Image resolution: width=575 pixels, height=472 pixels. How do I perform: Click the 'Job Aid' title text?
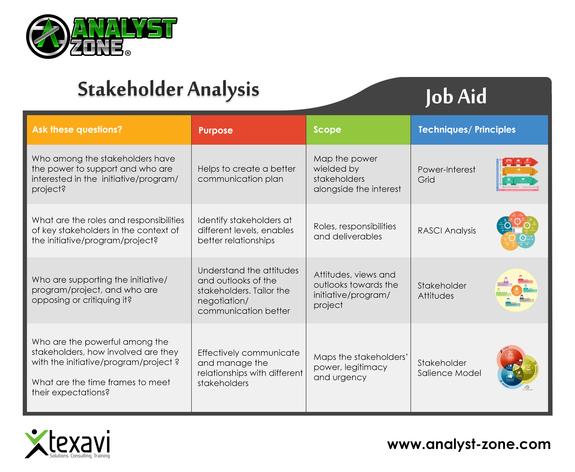(456, 96)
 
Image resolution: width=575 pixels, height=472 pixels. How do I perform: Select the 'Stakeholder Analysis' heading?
(168, 89)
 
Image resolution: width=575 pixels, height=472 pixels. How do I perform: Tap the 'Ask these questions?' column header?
(77, 130)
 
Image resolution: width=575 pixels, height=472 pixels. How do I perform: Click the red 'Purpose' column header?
(216, 130)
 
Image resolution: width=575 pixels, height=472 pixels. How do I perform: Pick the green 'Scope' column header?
(327, 130)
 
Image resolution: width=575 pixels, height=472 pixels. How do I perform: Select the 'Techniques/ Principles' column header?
(467, 130)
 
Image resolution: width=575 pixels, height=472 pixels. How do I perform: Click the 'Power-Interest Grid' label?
(446, 174)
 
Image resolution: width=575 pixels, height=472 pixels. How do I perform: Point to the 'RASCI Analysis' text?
(446, 231)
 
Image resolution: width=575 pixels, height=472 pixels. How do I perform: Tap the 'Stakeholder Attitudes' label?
(442, 291)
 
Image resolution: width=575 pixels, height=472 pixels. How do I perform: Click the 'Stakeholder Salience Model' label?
(449, 368)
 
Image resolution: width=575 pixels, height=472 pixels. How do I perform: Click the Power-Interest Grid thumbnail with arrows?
(517, 174)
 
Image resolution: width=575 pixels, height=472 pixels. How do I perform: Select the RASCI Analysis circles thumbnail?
(517, 231)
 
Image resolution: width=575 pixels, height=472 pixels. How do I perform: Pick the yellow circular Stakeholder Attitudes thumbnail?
(516, 290)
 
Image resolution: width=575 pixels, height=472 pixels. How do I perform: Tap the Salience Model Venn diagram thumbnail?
(517, 367)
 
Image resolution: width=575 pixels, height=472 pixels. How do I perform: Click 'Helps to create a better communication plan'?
(246, 174)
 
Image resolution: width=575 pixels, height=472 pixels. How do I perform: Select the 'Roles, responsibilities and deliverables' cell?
(355, 231)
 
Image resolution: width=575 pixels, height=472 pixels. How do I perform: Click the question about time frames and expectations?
(101, 387)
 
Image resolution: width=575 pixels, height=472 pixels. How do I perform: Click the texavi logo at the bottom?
(67, 444)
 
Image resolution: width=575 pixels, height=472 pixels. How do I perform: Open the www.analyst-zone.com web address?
(469, 444)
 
